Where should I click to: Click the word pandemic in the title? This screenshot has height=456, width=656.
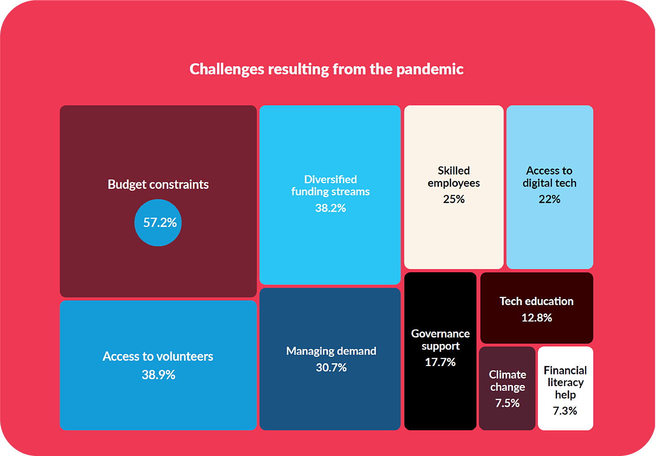point(430,69)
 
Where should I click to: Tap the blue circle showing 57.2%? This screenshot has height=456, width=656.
point(158,223)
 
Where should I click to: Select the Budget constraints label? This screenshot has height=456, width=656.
point(158,185)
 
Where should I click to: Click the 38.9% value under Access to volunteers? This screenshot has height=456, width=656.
point(158,375)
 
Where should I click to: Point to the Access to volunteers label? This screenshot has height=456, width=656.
point(158,357)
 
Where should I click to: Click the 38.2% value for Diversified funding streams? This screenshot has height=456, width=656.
point(330,208)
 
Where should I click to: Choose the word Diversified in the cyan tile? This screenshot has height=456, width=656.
point(330,179)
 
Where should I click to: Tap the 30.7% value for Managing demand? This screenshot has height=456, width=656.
point(331,368)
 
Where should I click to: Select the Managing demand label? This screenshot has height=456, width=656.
point(331,351)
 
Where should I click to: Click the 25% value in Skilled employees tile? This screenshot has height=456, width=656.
point(454,199)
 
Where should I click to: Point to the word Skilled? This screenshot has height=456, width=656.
point(454,171)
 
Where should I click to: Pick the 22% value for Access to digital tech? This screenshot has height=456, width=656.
point(550,199)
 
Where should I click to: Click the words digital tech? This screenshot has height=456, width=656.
point(550,183)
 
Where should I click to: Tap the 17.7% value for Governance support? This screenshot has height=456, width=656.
point(440,362)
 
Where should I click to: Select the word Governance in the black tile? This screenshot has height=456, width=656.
point(440,334)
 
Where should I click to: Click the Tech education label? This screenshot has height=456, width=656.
point(537,301)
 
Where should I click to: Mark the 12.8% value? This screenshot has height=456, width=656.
point(537,318)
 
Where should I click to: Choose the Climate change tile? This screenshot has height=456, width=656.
point(507,388)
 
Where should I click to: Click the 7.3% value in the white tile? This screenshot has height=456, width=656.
point(565,411)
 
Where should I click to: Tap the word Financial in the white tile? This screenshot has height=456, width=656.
point(565,370)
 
